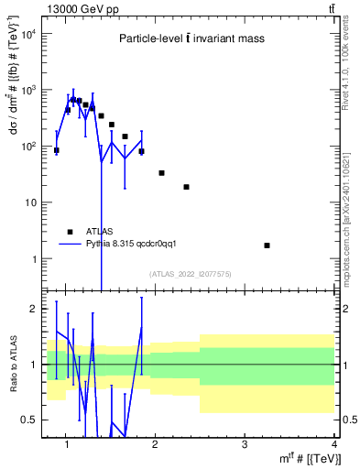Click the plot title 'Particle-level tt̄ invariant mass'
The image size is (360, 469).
190,38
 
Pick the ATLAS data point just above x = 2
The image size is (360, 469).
161,172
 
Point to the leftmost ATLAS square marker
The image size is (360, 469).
57,150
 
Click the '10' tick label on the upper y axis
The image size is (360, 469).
29,202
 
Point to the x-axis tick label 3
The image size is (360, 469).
244,445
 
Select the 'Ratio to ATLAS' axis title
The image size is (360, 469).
12,364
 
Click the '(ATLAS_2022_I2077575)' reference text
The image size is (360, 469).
190,273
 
